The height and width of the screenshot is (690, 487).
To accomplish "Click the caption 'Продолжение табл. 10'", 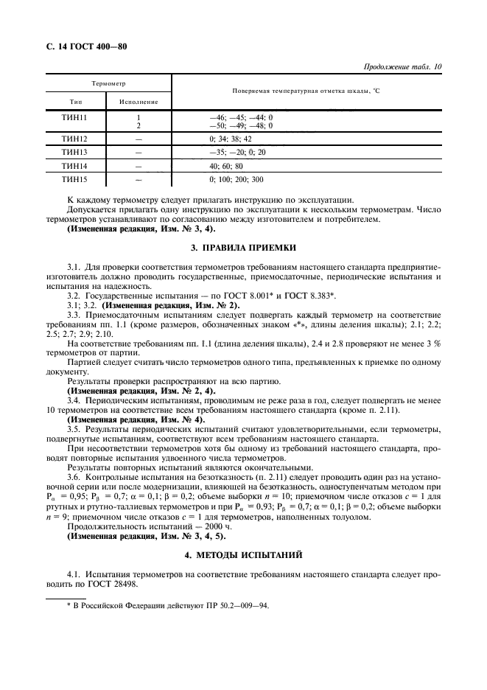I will pyautogui.click(x=403, y=66).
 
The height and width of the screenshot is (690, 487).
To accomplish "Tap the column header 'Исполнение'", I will pyautogui.click(x=138, y=101).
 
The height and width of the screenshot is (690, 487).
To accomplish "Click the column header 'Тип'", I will pyautogui.click(x=75, y=101).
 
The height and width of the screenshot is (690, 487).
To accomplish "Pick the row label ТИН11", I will pyautogui.click(x=75, y=117).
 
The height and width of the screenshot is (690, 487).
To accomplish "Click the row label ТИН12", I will pyautogui.click(x=75, y=139).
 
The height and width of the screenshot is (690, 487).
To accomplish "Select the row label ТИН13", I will pyautogui.click(x=75, y=152).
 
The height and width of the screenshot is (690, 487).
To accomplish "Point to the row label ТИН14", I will pyautogui.click(x=75, y=166).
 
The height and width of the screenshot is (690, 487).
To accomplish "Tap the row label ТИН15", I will pyautogui.click(x=75, y=179).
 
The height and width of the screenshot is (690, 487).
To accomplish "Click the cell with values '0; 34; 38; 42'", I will pyautogui.click(x=231, y=139).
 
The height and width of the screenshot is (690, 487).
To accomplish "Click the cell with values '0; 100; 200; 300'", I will pyautogui.click(x=236, y=179).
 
